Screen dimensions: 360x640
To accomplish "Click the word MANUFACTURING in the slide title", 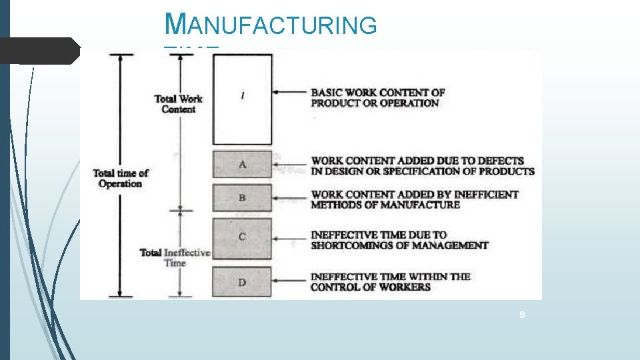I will [x=271, y=26].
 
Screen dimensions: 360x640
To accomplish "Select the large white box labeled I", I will [x=242, y=99].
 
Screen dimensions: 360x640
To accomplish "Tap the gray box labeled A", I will [x=242, y=164].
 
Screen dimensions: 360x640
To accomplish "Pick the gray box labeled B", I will [x=242, y=198].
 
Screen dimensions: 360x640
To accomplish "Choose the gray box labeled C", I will [x=242, y=237].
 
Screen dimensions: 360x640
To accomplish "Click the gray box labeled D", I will [x=242, y=282].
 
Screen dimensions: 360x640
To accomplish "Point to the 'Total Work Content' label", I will [x=178, y=104].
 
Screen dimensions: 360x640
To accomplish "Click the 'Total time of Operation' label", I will [x=120, y=178].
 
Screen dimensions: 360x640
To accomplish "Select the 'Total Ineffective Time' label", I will [x=175, y=257].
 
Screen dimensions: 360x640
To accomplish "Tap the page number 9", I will [x=523, y=314].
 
